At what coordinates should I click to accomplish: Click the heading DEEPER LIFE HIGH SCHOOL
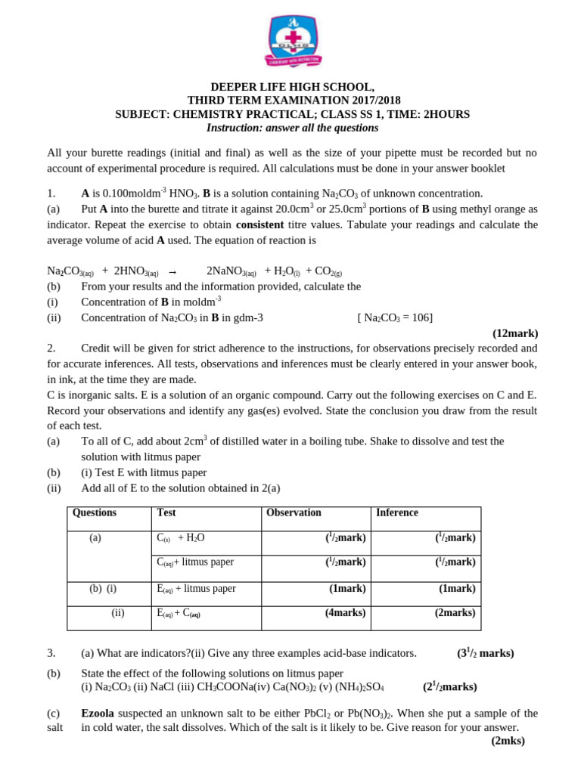(x=292, y=87)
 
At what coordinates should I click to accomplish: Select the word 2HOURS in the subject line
(x=446, y=114)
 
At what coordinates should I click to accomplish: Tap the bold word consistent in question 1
(x=260, y=224)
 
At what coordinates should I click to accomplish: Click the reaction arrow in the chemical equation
(x=172, y=272)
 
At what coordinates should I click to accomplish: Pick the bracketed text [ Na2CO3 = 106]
(x=395, y=317)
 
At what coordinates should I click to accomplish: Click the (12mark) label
(x=515, y=333)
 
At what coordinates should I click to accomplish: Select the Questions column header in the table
(x=95, y=512)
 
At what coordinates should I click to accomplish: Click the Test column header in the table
(x=166, y=512)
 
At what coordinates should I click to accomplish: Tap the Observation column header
(x=294, y=512)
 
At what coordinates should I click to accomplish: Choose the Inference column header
(x=397, y=512)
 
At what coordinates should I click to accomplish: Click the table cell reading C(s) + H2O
(x=181, y=538)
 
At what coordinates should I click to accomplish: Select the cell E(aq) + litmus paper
(x=196, y=589)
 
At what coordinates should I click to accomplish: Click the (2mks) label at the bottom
(x=508, y=741)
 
